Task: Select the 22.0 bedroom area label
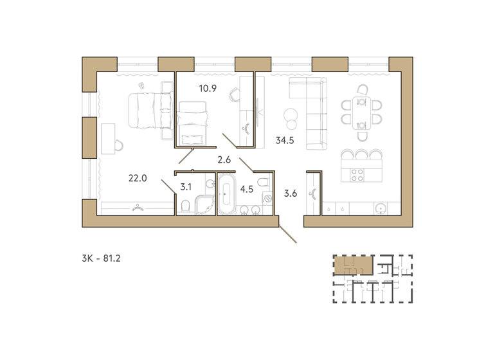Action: tap(138, 179)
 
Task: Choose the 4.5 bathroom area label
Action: tap(247, 189)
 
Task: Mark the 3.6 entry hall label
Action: tap(291, 192)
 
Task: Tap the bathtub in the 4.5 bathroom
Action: tap(226, 194)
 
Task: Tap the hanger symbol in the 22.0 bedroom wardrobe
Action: tap(137, 207)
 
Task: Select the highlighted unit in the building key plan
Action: tap(352, 264)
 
